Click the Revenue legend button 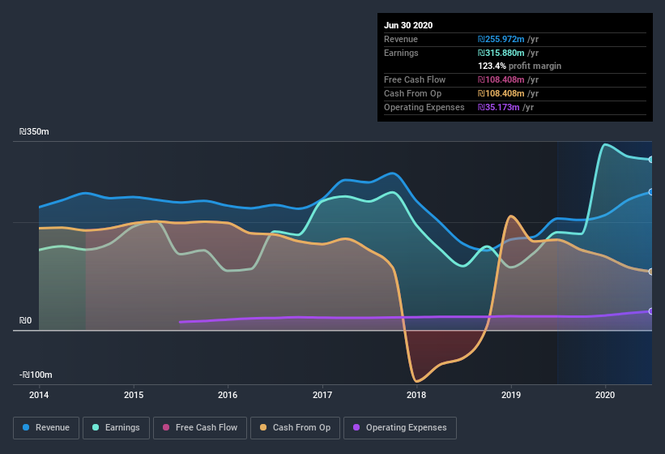click(46, 427)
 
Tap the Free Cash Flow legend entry click(199, 427)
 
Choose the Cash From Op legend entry click(294, 427)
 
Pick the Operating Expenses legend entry click(399, 427)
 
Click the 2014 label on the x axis click(39, 395)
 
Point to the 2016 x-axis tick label click(228, 395)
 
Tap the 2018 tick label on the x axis click(416, 395)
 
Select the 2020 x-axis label click(605, 395)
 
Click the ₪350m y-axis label click(35, 131)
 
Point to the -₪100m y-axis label click(36, 375)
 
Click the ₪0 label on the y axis click(26, 321)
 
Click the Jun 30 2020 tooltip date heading click(408, 25)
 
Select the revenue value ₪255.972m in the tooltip click(503, 39)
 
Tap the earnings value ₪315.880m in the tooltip click(503, 53)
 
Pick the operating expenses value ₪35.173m click(500, 107)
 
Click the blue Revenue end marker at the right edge click(651, 192)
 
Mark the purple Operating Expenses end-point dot click(651, 311)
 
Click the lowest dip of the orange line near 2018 click(417, 381)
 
